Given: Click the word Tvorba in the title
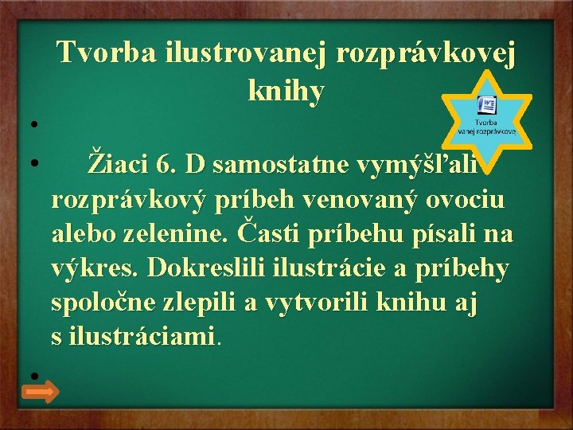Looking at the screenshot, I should (x=107, y=54).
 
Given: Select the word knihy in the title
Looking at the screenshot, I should (x=286, y=92).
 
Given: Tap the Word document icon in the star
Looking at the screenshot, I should (x=487, y=107).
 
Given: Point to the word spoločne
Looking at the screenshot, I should (x=101, y=303).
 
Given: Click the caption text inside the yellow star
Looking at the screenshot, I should (x=487, y=127).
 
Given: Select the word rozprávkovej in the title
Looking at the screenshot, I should (x=426, y=54).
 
